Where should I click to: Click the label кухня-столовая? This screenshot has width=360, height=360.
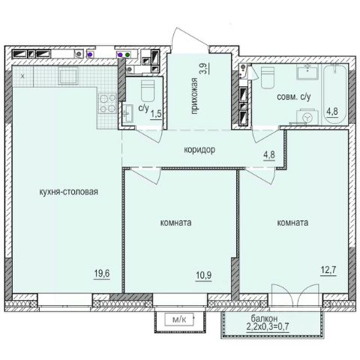[x=68, y=192]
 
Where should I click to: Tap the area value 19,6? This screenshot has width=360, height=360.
[x=102, y=274]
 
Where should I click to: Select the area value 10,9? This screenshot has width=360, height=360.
[x=203, y=275]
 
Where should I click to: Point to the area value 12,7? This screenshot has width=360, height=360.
[x=328, y=270]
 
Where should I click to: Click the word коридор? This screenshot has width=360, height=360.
[x=199, y=150]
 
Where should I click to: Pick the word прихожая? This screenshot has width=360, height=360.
[x=194, y=96]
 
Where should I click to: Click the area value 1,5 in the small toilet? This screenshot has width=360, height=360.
[x=156, y=115]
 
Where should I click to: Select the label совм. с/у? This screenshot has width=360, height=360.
[x=294, y=97]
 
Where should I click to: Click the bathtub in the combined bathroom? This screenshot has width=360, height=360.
[x=334, y=94]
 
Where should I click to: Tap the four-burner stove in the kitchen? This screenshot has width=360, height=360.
[x=108, y=103]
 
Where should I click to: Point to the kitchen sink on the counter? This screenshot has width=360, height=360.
[x=68, y=75]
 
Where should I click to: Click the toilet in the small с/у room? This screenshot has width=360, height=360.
[x=148, y=90]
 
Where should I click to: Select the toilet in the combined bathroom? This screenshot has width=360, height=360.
[x=266, y=77]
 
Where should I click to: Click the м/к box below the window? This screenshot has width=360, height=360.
[x=179, y=319]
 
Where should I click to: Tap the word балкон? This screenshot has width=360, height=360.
[x=264, y=319]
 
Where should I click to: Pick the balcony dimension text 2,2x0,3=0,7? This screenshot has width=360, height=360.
[x=268, y=326]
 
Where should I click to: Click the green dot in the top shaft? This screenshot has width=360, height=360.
[x=127, y=54]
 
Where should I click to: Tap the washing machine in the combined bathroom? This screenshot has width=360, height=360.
[x=307, y=117]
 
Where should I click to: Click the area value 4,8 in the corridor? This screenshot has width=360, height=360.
[x=269, y=154]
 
